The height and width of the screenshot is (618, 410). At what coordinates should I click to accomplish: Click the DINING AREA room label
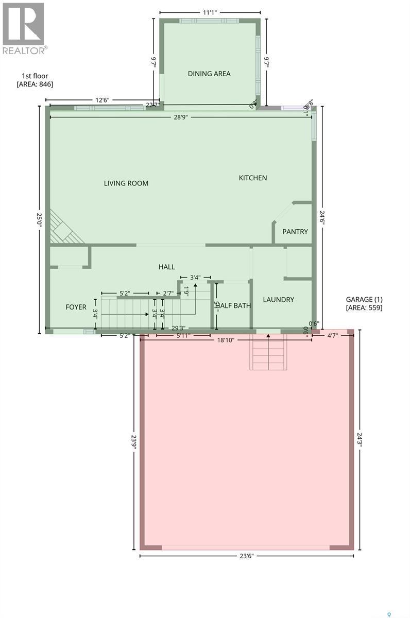click(x=209, y=74)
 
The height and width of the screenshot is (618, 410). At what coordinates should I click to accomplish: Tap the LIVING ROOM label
click(x=126, y=183)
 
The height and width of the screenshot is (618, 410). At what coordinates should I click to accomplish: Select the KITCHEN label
click(x=253, y=178)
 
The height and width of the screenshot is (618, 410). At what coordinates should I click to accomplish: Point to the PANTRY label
click(x=295, y=231)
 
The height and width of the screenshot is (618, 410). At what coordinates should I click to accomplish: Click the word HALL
click(x=166, y=267)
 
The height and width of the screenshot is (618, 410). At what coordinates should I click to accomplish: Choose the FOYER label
click(x=76, y=307)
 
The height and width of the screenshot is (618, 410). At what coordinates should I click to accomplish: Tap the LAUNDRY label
click(x=278, y=299)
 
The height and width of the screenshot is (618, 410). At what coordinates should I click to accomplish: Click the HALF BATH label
click(x=234, y=305)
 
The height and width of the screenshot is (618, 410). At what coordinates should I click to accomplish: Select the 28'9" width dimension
click(x=180, y=117)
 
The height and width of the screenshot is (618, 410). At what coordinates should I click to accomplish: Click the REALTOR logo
click(x=24, y=28)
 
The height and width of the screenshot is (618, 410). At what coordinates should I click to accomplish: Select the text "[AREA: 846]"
click(x=35, y=84)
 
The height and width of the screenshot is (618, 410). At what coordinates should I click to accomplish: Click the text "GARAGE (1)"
click(x=364, y=299)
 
